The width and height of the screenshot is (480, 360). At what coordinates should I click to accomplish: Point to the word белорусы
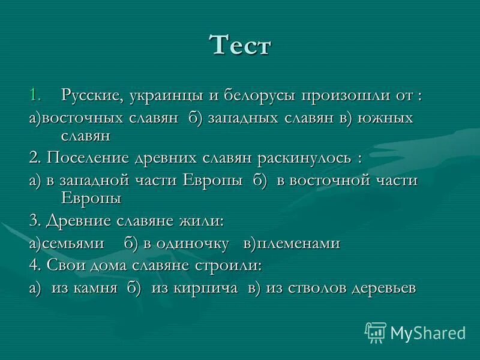(260, 95)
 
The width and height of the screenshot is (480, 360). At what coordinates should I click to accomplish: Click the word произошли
(347, 95)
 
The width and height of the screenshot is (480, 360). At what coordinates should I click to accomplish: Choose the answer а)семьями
(66, 243)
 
